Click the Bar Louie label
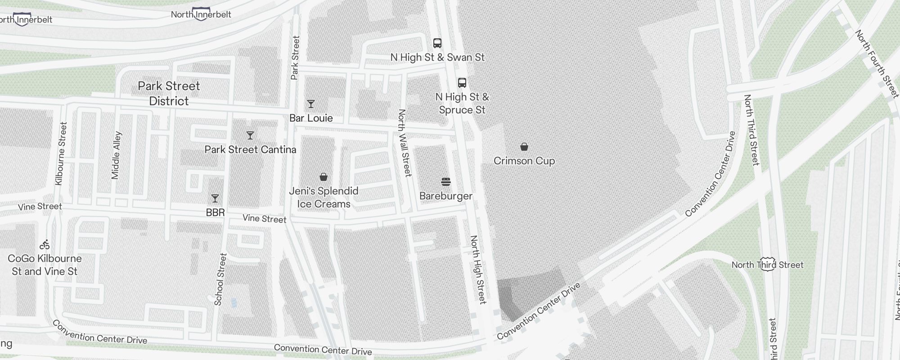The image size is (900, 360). coord(311,118)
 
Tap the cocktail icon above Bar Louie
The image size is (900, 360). coord(310,104)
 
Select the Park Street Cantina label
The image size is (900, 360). coord(250,149)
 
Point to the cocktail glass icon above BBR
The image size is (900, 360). coord(215,198)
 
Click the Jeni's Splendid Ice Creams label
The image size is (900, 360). coord(324,198)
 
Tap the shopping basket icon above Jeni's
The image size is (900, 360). coord(323,177)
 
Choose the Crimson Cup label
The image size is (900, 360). coord(524,161)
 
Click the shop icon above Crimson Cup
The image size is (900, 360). coord(524,147)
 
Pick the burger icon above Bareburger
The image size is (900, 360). coord(445,182)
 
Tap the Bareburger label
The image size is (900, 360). coord(445,196)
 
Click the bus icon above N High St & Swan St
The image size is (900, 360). coord(437,43)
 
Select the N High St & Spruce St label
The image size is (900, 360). coord(462,103)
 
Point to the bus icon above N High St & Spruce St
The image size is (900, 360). coord(462,83)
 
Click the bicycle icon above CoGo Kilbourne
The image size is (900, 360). coord(45,245)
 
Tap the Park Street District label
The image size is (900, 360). coord(169,94)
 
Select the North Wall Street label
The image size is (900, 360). coord(405,143)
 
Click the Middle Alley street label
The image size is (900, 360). coord(116,155)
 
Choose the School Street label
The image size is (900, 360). coord(220,279)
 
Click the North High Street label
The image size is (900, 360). coord(478,269)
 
